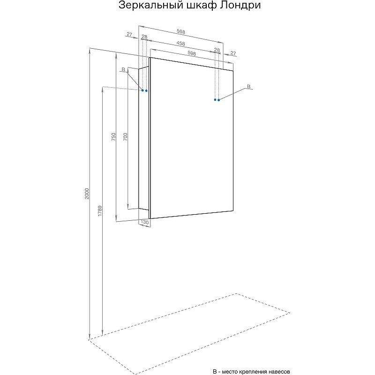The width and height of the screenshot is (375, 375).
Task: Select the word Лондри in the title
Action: pyautogui.click(x=240, y=5)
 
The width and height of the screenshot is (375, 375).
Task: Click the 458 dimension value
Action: pyautogui.click(x=180, y=43)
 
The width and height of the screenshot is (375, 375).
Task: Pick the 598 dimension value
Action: pyautogui.click(x=192, y=53)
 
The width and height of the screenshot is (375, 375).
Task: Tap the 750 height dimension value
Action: pyautogui.click(x=113, y=136)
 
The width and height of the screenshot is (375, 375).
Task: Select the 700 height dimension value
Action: pyautogui.click(x=125, y=136)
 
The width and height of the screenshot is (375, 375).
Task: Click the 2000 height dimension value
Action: pyautogui.click(x=87, y=194)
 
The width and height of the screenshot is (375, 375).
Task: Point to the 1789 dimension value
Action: pyautogui.click(x=100, y=210)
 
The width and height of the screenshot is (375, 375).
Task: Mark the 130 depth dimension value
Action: pyautogui.click(x=145, y=222)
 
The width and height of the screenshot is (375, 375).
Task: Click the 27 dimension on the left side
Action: pyautogui.click(x=129, y=34)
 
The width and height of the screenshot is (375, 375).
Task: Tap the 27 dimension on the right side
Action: pyautogui.click(x=233, y=53)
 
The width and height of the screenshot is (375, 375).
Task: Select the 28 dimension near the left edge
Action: pyautogui.click(x=144, y=37)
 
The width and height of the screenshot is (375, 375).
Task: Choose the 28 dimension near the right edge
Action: pyautogui.click(x=217, y=50)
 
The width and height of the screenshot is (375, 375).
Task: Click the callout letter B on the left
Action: pyautogui.click(x=123, y=69)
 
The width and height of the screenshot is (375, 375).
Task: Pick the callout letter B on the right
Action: pyautogui.click(x=249, y=86)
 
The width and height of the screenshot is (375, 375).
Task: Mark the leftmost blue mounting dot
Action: pyautogui.click(x=142, y=90)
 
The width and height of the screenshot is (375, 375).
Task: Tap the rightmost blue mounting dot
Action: pyautogui.click(x=218, y=100)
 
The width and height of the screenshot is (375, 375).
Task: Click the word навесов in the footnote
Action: pyautogui.click(x=279, y=372)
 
